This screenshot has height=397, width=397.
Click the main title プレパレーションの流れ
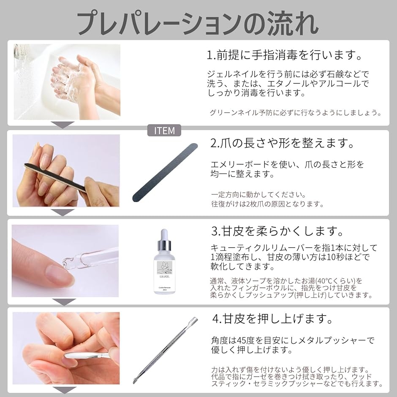coord(198,23)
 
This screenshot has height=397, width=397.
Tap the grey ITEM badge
coord(164,131)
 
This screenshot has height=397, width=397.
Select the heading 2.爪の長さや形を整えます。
coord(282,143)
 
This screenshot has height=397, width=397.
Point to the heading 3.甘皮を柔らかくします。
coord(277,231)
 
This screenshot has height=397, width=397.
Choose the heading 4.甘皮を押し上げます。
coord(273,318)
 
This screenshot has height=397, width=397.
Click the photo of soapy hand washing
coord(67,82)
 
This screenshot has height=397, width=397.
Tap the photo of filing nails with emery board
coord(66,171)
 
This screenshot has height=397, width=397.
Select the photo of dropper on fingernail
coord(65,261)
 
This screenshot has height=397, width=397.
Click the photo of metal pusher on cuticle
coord(66,348)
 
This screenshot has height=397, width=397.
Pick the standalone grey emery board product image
coord(165,173)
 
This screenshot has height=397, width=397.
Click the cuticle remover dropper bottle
coord(165,261)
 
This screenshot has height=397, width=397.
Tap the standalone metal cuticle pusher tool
coord(165,351)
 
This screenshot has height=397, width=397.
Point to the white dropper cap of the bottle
coord(164,235)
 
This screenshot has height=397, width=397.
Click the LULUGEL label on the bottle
coord(165,277)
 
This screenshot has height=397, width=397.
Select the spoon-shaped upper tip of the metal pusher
coord(193,320)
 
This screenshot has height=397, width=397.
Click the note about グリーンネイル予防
coord(296,113)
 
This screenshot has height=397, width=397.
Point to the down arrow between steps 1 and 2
coord(63,125)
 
